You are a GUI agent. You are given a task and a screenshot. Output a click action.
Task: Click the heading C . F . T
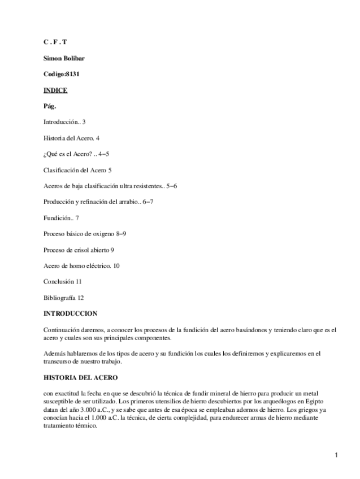[55, 42]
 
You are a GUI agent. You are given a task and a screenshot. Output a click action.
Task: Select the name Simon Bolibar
[64, 58]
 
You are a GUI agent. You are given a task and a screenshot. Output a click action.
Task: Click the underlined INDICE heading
[55, 90]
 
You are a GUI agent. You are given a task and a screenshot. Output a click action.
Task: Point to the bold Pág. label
[50, 106]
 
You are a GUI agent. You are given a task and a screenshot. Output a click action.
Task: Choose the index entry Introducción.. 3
[64, 121]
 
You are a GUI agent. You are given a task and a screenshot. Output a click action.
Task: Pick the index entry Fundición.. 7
[60, 217]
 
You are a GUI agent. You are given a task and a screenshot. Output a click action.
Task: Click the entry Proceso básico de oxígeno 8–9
[85, 233]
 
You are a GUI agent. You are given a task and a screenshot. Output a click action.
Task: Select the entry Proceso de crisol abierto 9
[80, 249]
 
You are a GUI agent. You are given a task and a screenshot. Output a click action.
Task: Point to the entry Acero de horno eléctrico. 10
[81, 265]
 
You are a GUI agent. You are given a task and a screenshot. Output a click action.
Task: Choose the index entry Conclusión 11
[63, 281]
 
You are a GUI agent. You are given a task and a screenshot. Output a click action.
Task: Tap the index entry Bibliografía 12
[64, 297]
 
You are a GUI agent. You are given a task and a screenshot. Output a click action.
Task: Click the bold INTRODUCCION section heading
[70, 313]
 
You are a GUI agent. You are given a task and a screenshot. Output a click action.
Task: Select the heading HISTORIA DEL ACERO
[80, 377]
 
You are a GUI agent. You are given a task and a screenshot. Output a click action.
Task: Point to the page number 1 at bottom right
[336, 455]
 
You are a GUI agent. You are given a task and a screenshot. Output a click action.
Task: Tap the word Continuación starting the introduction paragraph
[60, 329]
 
